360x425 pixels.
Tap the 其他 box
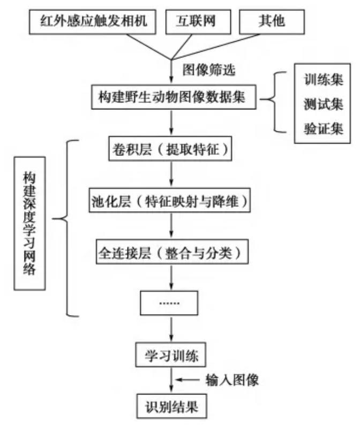tap(274, 22)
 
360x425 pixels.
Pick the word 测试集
tap(319, 106)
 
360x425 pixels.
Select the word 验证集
tap(319, 130)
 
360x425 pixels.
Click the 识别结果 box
tap(171, 406)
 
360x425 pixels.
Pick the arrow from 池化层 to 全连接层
tap(170, 227)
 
